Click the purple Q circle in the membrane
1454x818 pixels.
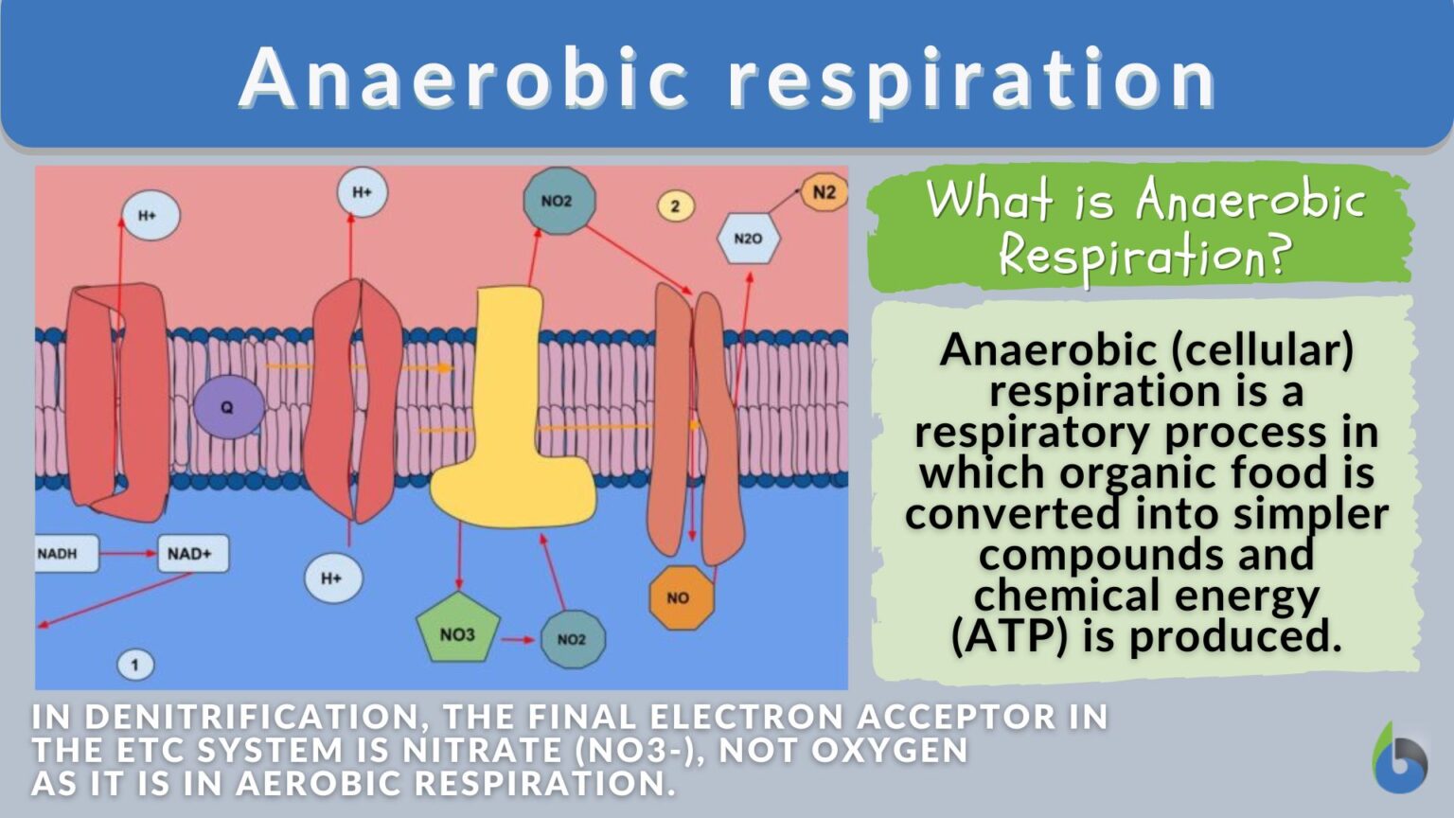click(x=227, y=407)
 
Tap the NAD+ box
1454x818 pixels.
click(x=192, y=553)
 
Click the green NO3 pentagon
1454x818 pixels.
click(x=457, y=631)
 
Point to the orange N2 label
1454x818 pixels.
click(x=824, y=193)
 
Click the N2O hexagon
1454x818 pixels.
click(x=748, y=239)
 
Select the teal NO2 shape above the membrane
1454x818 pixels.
click(x=559, y=201)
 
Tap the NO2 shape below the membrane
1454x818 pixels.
click(x=571, y=639)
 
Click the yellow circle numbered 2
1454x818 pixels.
click(x=675, y=205)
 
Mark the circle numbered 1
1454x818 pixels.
click(x=135, y=665)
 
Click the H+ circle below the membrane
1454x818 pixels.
click(x=332, y=578)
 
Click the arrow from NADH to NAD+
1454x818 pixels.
click(x=128, y=553)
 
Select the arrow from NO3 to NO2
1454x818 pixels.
click(x=518, y=640)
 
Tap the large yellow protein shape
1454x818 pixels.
click(x=511, y=436)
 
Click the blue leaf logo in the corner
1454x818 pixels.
click(x=1399, y=759)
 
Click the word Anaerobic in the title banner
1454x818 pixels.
click(x=464, y=78)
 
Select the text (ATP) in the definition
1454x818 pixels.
click(x=1009, y=635)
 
